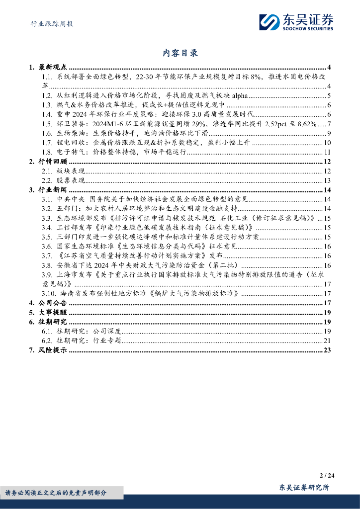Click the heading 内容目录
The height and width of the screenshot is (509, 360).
coord(180,53)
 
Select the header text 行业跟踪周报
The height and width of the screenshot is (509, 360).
coord(49,23)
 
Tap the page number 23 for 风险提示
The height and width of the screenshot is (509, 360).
coord(327,350)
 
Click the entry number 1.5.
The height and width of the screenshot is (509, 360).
coord(47,124)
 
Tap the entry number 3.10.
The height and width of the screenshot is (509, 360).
coord(49,294)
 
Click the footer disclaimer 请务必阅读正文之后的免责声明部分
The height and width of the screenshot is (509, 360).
coord(55,493)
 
